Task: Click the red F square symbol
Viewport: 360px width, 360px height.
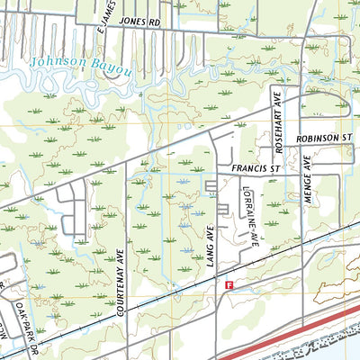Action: pos(229,284)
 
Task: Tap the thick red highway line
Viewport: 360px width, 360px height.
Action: pos(297,332)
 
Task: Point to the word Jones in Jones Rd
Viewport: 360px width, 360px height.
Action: pos(130,18)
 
